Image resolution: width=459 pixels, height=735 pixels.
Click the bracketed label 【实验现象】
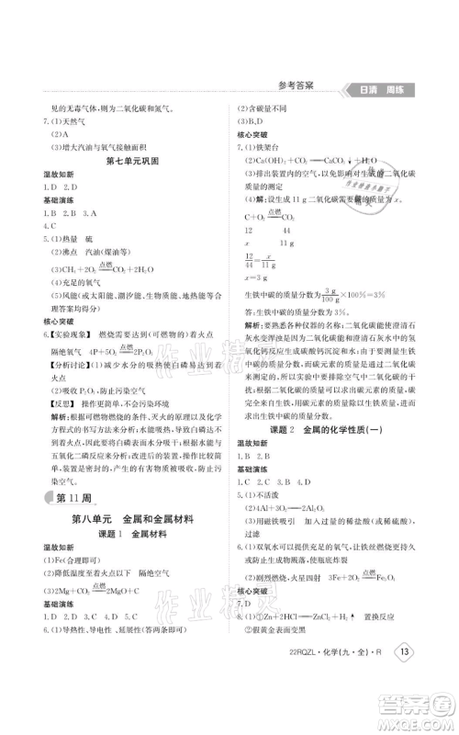(74, 350)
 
